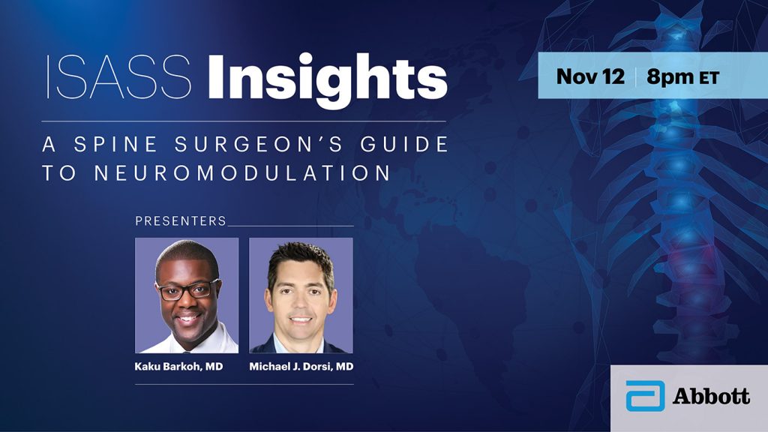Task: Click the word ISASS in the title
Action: [118, 77]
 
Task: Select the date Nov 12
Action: [590, 76]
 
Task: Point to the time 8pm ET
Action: [682, 77]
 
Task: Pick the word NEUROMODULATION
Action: [243, 173]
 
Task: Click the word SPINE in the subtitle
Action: [116, 145]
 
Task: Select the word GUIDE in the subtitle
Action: [404, 144]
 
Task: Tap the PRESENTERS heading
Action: [181, 221]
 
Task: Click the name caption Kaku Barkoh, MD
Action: [178, 366]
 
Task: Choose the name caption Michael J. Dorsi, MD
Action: [301, 366]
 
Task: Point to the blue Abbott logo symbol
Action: [646, 396]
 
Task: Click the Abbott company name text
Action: [711, 396]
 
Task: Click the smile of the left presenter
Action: [187, 318]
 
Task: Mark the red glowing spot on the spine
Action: [678, 255]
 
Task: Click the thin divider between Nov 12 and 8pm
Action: [636, 77]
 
